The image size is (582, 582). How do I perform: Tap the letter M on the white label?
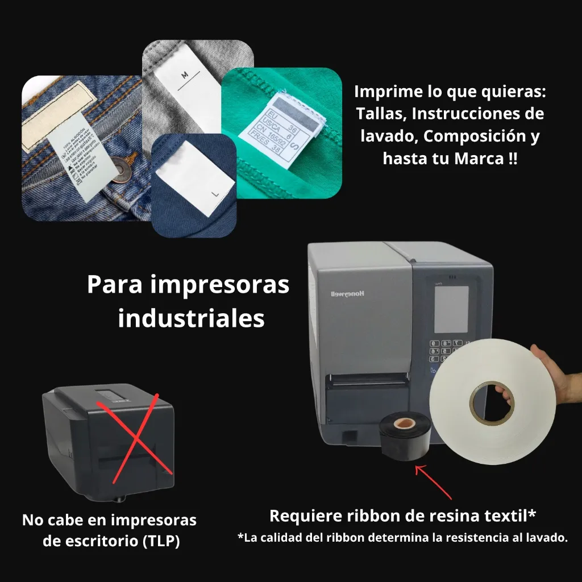[x=184, y=75]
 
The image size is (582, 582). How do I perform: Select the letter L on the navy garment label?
[x=215, y=194]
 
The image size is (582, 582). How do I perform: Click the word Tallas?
[x=380, y=114]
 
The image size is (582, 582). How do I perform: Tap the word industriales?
[x=191, y=318]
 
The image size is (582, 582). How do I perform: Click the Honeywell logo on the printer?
[x=349, y=293]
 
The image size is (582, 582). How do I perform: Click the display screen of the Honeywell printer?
[x=451, y=309]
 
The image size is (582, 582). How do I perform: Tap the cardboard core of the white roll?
[x=492, y=403]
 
